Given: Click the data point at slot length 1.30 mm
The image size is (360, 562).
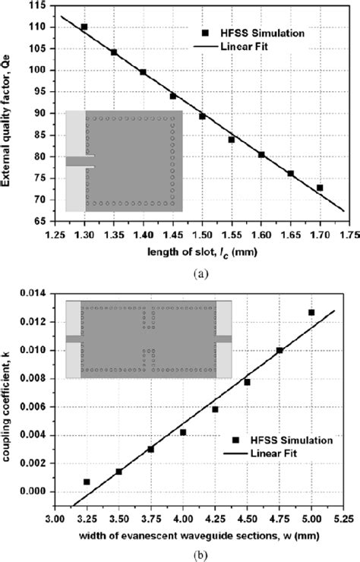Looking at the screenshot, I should pyautogui.click(x=84, y=27).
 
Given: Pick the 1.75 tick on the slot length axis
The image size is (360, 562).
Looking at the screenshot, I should pyautogui.click(x=348, y=235).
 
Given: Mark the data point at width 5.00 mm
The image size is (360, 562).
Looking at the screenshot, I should pyautogui.click(x=311, y=312).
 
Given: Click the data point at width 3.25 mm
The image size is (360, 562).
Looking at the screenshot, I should pyautogui.click(x=87, y=481).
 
